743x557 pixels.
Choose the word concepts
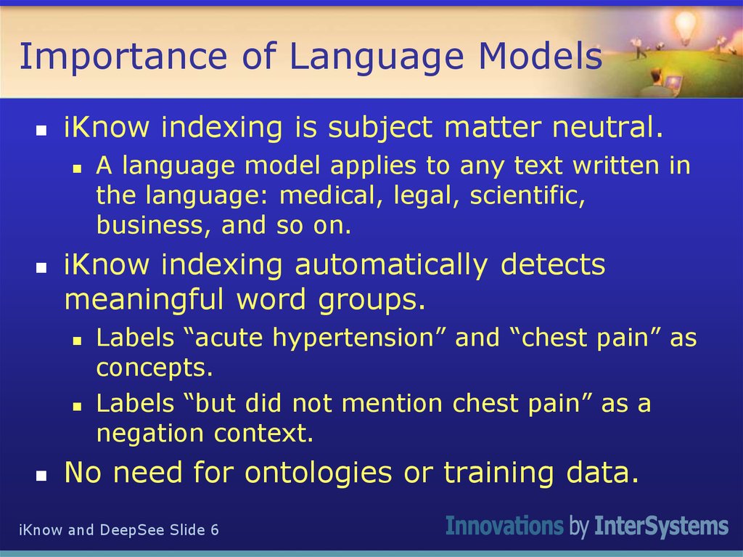pyautogui.click(x=155, y=368)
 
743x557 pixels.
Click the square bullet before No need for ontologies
pyautogui.click(x=42, y=476)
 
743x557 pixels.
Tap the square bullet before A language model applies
pyautogui.click(x=76, y=168)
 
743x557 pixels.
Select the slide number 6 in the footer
pyautogui.click(x=214, y=529)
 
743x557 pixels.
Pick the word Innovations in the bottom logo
pyautogui.click(x=504, y=526)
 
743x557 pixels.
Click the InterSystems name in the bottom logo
pyautogui.click(x=660, y=526)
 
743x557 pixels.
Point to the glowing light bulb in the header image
pyautogui.click(x=685, y=28)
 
